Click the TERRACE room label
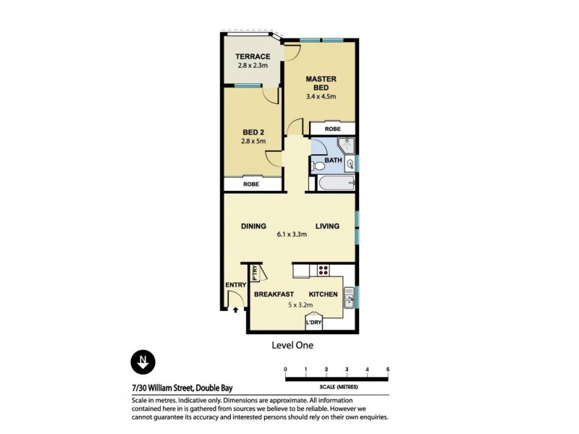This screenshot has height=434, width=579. pos(253,56)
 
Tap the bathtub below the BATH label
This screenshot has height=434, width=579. pos(334,184)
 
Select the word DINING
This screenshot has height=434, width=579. pos(253,226)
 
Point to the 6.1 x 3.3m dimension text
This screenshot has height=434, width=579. pos(292,234)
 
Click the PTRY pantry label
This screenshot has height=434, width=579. pos(255,273)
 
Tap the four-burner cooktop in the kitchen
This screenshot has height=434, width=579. pos(323,273)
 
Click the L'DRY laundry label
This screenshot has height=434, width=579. pos(314,323)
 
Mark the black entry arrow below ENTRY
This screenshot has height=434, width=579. pos(236,310)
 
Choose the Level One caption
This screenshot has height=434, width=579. pos(292,346)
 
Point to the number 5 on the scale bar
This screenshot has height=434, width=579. pos(388,369)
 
